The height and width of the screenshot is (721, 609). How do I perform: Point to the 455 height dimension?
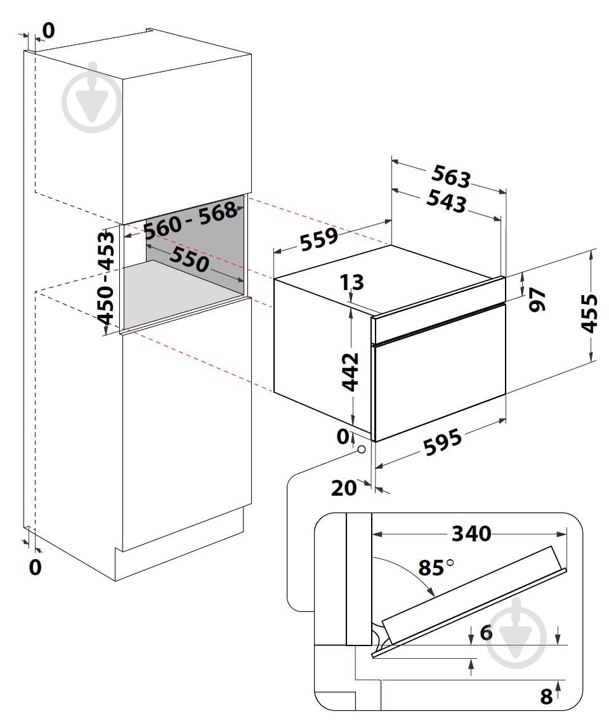[589, 312]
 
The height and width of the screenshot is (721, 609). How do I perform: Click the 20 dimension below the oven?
[344, 487]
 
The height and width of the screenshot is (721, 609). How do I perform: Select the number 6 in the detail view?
[486, 632]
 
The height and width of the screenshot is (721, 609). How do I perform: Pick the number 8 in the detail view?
[546, 696]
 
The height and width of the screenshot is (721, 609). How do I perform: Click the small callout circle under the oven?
[361, 449]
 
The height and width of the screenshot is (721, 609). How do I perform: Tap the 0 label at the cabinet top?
[49, 29]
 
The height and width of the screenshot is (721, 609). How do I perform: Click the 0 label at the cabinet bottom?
[36, 567]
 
